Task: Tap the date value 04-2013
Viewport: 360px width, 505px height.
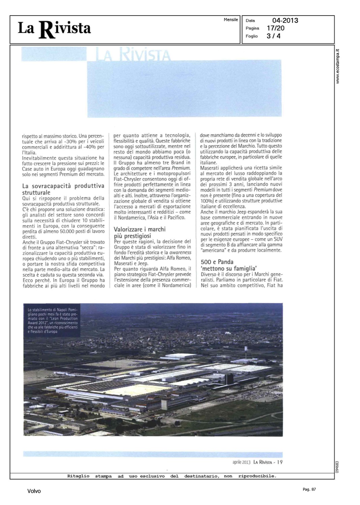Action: point(285,21)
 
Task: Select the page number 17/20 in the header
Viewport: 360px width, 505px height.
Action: point(275,28)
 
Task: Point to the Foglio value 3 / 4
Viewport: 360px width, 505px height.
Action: point(273,36)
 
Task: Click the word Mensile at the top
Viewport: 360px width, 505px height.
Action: point(231,20)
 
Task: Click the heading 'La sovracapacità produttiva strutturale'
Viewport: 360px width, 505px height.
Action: point(63,189)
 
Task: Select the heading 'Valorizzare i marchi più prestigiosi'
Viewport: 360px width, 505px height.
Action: point(139,232)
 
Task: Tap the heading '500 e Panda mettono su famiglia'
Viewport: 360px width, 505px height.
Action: point(229,265)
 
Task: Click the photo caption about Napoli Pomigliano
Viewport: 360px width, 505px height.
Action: point(53,320)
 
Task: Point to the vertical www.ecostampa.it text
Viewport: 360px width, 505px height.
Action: point(338,66)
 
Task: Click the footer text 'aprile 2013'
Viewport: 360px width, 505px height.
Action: point(241,462)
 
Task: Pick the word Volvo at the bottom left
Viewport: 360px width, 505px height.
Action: point(34,491)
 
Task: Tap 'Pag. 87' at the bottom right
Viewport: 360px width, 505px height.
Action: point(309,489)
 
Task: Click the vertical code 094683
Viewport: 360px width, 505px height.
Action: point(338,467)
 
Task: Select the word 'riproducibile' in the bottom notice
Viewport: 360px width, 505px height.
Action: point(257,476)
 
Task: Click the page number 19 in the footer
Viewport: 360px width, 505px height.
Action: point(280,462)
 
